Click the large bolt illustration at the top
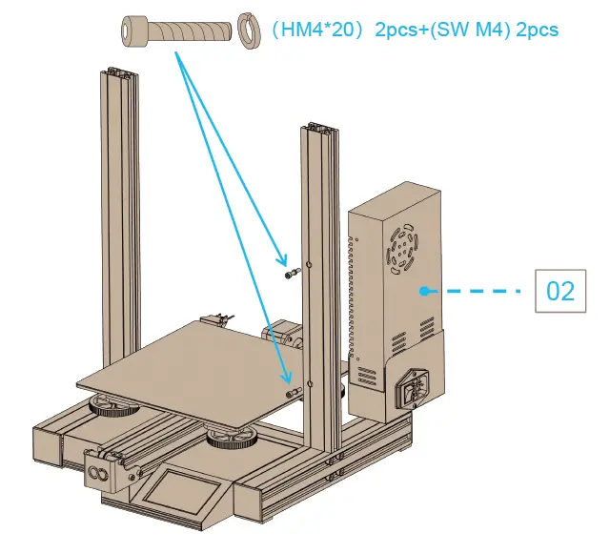point(176,31)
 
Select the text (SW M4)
point(465,30)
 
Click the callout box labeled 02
point(560,290)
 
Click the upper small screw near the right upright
point(292,275)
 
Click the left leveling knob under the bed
point(112,408)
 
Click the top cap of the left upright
point(118,72)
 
